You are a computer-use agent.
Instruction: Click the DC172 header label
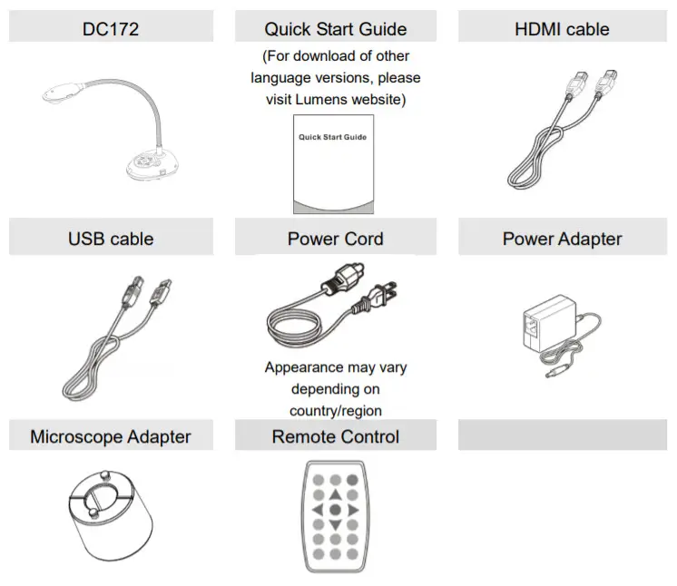click(x=111, y=29)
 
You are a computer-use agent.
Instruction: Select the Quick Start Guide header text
click(x=335, y=29)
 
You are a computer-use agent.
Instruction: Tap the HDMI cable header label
click(x=562, y=29)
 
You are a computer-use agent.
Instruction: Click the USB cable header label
click(x=111, y=239)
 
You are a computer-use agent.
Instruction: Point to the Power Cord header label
click(x=335, y=239)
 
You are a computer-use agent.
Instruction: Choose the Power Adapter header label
click(x=562, y=239)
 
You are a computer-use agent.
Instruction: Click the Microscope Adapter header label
click(x=111, y=436)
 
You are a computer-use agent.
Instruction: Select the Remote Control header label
click(x=335, y=436)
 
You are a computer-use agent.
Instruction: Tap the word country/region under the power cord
click(x=336, y=411)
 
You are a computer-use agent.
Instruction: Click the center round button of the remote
click(x=335, y=510)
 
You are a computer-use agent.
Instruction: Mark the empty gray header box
click(x=562, y=435)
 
